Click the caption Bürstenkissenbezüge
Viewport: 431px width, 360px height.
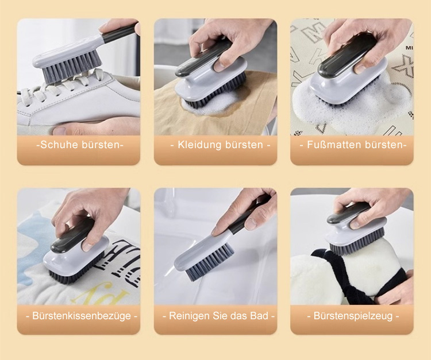tap(82, 316)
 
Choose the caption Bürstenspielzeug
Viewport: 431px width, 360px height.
tap(353, 316)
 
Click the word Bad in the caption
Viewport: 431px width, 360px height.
tap(259, 316)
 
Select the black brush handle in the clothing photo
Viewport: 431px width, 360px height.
tap(203, 59)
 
